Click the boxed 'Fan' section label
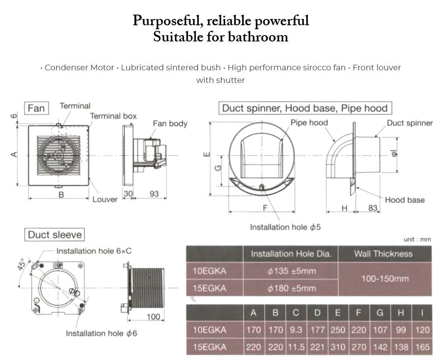click(x=36, y=108)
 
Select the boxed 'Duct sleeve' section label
click(x=55, y=235)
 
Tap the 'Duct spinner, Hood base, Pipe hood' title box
click(x=305, y=108)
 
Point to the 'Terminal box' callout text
click(x=113, y=116)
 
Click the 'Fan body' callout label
click(x=170, y=124)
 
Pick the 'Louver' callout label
click(x=105, y=199)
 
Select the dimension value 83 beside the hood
click(x=373, y=207)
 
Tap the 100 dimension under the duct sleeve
click(x=153, y=317)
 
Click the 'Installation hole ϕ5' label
click(x=285, y=227)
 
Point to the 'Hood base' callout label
click(x=405, y=200)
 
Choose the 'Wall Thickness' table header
click(x=383, y=254)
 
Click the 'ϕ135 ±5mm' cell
click(x=292, y=271)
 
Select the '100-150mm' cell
click(x=385, y=279)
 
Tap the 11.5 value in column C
click(x=296, y=347)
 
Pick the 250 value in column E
click(x=337, y=330)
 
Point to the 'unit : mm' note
click(x=417, y=240)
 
